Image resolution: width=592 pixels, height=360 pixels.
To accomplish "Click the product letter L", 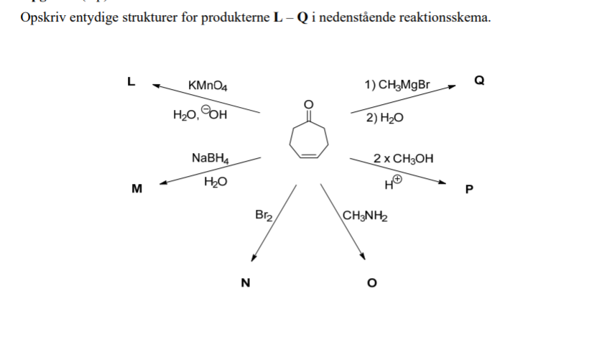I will click(x=130, y=81).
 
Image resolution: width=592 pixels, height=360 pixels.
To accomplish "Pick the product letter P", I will click(x=470, y=190).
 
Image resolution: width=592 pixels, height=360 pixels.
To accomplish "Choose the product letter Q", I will click(x=479, y=80).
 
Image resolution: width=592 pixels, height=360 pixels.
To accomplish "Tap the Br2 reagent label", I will click(x=264, y=214).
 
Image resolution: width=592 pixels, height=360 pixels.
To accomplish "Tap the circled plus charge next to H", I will click(x=397, y=181).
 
